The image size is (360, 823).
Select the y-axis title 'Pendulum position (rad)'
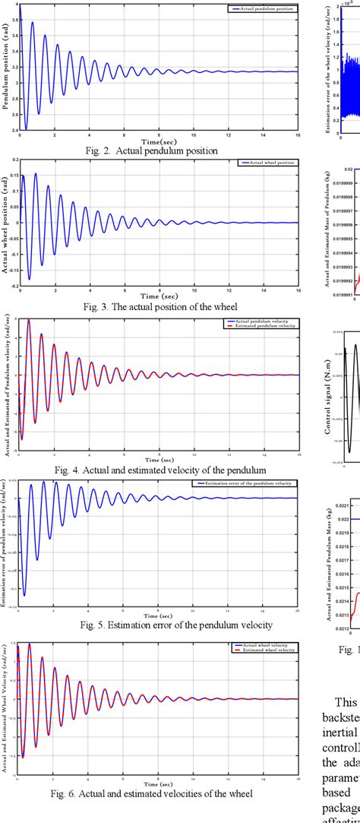pos(6,67)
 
